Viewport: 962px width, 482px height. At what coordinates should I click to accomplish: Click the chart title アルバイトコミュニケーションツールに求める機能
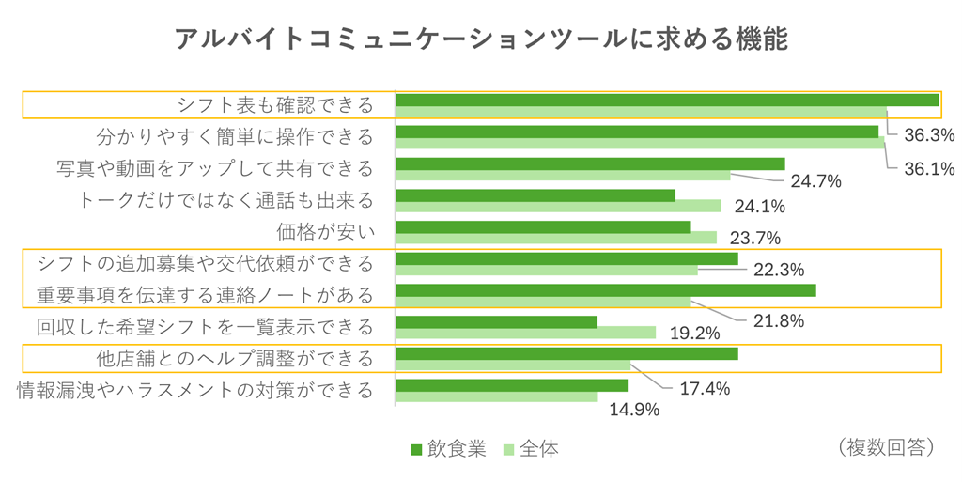tap(480, 39)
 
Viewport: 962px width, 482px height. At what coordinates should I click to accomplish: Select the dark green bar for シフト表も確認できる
tap(667, 100)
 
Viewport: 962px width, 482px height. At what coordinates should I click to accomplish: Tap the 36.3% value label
tap(929, 135)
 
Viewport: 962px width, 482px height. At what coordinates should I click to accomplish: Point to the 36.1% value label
tap(929, 169)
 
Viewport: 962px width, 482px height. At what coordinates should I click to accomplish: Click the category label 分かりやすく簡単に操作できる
tap(235, 137)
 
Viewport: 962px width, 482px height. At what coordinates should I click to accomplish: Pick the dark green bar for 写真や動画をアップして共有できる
tap(590, 163)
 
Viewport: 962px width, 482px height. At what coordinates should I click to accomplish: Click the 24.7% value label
tap(815, 180)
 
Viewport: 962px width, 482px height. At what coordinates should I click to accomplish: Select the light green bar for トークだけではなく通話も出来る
tap(558, 207)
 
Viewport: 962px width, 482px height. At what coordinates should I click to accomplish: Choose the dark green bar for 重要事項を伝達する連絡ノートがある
tap(605, 290)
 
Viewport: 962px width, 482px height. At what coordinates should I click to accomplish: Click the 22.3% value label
tap(779, 271)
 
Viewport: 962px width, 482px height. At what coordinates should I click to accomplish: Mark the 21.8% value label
tap(779, 321)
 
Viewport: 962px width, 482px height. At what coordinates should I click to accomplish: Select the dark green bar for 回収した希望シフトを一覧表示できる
tap(496, 322)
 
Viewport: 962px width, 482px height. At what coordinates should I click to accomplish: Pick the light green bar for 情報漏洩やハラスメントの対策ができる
tap(496, 397)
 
